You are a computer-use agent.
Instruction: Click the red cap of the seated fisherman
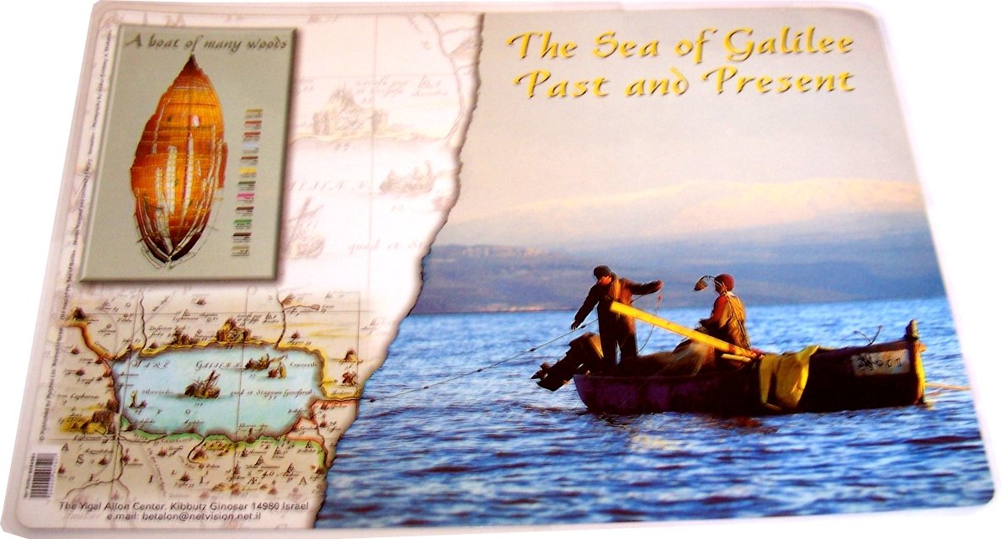(724, 280)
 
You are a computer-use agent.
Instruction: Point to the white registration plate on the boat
(879, 362)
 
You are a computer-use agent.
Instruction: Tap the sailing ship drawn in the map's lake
(202, 385)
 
